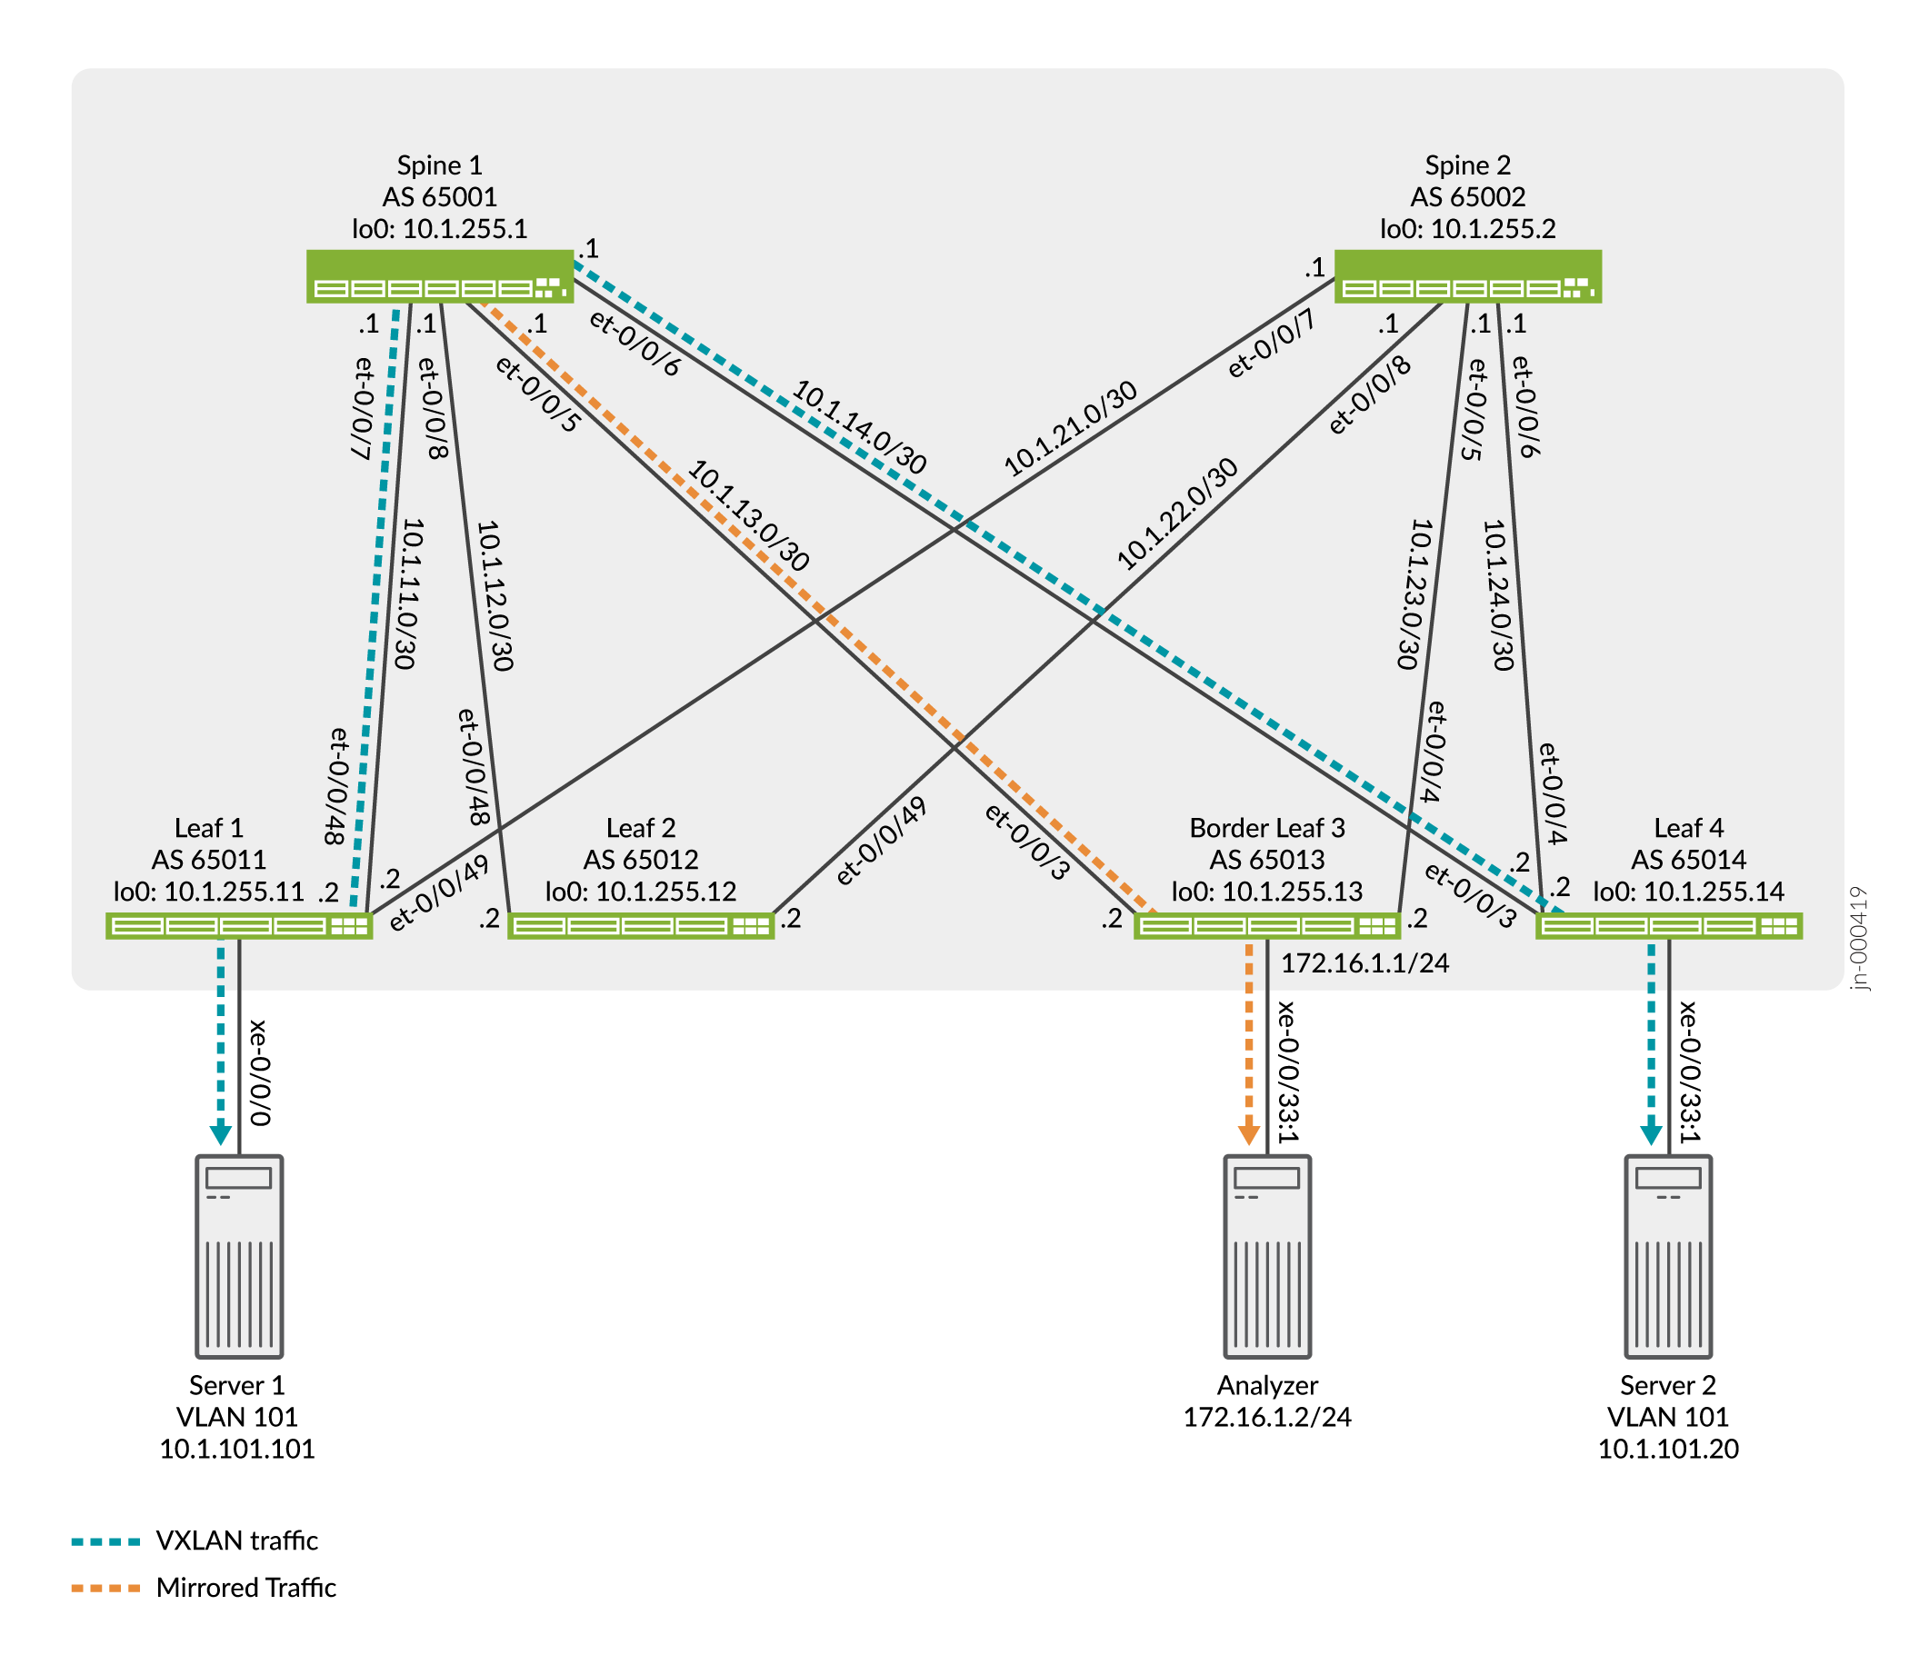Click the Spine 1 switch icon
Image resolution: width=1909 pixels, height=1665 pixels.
pyautogui.click(x=440, y=276)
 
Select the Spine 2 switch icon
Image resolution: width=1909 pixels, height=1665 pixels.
pyautogui.click(x=1467, y=276)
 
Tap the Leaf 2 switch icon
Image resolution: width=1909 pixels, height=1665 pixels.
pyautogui.click(x=640, y=925)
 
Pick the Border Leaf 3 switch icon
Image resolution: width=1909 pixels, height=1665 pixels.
pyautogui.click(x=1267, y=925)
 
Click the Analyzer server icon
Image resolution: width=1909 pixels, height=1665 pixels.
pyautogui.click(x=1267, y=1256)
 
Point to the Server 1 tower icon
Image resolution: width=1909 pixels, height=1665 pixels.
pyautogui.click(x=239, y=1256)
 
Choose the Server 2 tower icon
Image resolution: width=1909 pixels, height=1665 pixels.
pyautogui.click(x=1668, y=1256)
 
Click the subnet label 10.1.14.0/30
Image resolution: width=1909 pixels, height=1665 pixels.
pyautogui.click(x=859, y=427)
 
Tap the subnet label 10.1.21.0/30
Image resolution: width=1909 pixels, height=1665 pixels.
pyautogui.click(x=1070, y=428)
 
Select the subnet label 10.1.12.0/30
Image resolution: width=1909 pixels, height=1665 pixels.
pyautogui.click(x=495, y=595)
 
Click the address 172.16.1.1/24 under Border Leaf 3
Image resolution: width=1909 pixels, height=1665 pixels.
pyautogui.click(x=1364, y=963)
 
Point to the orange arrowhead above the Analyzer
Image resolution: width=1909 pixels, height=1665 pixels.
pyautogui.click(x=1249, y=1134)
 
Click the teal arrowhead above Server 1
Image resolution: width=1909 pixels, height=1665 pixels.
pyautogui.click(x=220, y=1134)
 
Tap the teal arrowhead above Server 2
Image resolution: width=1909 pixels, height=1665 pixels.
pyautogui.click(x=1651, y=1134)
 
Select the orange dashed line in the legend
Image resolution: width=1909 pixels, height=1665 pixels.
pyautogui.click(x=105, y=1588)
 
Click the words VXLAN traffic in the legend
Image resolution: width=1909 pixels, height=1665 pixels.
pyautogui.click(x=237, y=1540)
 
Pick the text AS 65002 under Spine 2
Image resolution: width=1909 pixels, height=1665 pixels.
pyautogui.click(x=1467, y=197)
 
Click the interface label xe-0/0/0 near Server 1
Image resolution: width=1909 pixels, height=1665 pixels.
pyautogui.click(x=259, y=1072)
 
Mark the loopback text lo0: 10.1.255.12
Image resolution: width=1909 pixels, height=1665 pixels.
pyautogui.click(x=640, y=892)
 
